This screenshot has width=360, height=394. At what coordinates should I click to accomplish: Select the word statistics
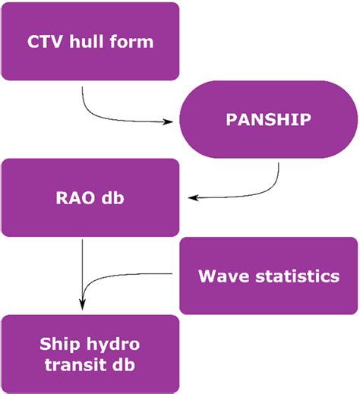coord(297,275)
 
